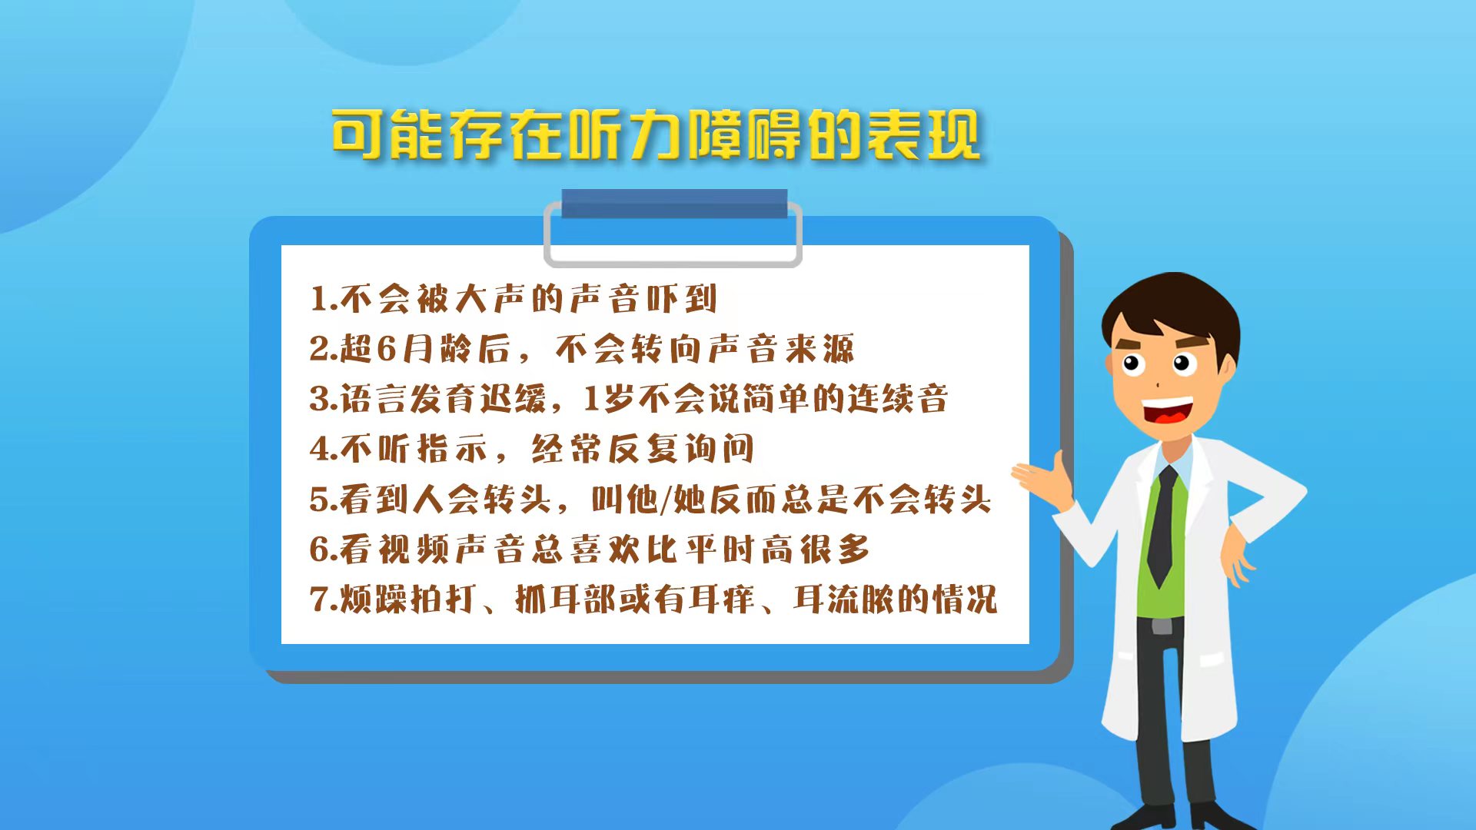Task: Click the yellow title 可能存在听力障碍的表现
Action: point(656,135)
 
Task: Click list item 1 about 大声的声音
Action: point(514,299)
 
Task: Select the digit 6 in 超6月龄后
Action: point(387,349)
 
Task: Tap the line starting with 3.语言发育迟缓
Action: point(629,399)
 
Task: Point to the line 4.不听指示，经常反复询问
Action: point(532,449)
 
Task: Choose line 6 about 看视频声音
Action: point(590,549)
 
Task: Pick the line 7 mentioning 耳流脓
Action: point(653,599)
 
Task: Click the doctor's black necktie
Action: point(1162,526)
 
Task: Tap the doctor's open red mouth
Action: point(1168,413)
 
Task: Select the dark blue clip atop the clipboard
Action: point(674,204)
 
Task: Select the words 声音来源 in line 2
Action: point(781,349)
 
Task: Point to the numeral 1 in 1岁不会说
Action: point(590,399)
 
